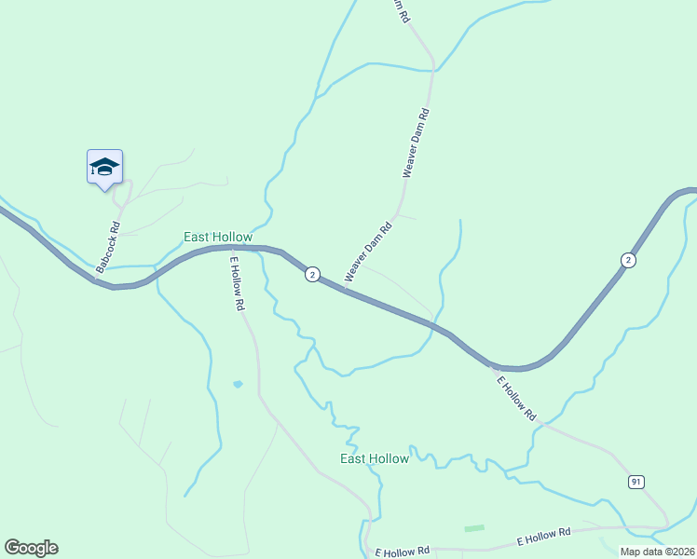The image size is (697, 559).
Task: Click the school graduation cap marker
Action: [x=104, y=167]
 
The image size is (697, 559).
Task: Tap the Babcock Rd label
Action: [x=107, y=246]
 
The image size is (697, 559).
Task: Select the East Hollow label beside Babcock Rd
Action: [x=218, y=238]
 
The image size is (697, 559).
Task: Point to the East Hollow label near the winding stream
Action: [x=375, y=458]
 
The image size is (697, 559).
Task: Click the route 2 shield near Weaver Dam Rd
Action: [x=312, y=274]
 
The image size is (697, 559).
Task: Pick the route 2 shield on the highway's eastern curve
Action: [x=629, y=260]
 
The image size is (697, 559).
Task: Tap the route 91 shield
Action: [x=635, y=481]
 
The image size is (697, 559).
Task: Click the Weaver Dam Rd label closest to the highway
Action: [x=366, y=252]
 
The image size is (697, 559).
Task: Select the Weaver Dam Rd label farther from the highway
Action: [x=416, y=143]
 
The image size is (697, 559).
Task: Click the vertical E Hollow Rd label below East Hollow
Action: [x=238, y=283]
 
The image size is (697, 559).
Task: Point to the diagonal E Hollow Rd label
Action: [x=517, y=397]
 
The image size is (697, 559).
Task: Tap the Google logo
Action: [x=31, y=548]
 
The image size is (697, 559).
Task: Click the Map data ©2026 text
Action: [x=657, y=551]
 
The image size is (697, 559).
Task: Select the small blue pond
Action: [x=238, y=384]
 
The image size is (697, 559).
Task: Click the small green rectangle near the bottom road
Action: [x=474, y=528]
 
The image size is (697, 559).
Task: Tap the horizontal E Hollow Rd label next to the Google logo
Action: [x=402, y=551]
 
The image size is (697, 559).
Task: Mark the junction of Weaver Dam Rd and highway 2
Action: [x=344, y=289]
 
